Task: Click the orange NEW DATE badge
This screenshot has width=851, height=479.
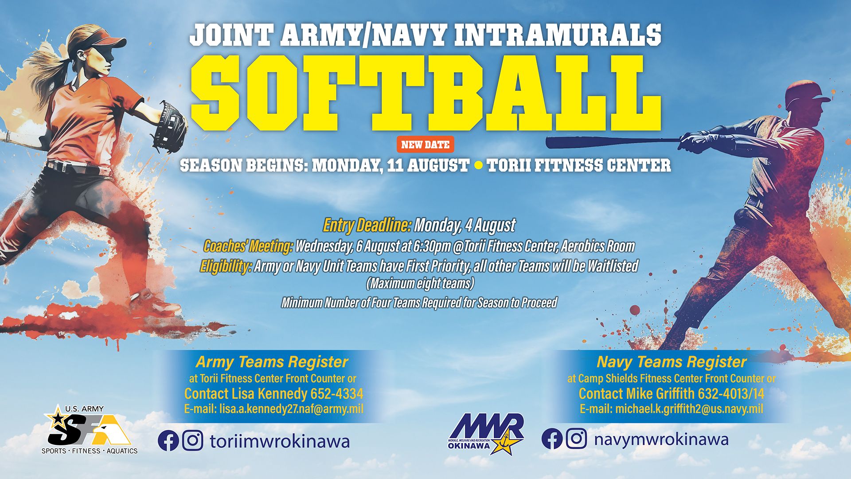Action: point(425,144)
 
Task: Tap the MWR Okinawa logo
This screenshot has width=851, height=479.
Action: point(487,434)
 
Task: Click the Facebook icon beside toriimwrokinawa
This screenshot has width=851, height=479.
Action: point(168,441)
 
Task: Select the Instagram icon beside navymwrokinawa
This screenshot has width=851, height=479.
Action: point(576,439)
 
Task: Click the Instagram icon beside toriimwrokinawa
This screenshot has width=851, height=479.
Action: point(193,441)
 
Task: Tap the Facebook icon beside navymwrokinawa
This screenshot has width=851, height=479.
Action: point(552,439)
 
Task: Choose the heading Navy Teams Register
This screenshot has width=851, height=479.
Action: point(671,362)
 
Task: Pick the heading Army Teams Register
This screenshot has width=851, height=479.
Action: point(272,362)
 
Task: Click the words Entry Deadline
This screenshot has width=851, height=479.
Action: point(367,225)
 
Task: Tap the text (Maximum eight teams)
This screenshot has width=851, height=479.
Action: point(420,283)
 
